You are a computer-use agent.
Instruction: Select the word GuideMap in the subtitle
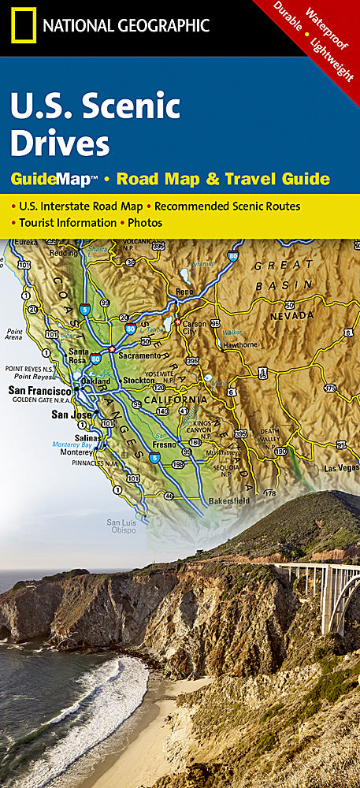click(x=53, y=179)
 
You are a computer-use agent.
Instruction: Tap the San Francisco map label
click(x=39, y=390)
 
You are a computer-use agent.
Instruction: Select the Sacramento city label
click(x=139, y=355)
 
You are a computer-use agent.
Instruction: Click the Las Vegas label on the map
click(x=340, y=467)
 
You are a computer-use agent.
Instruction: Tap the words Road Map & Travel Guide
click(x=223, y=179)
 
